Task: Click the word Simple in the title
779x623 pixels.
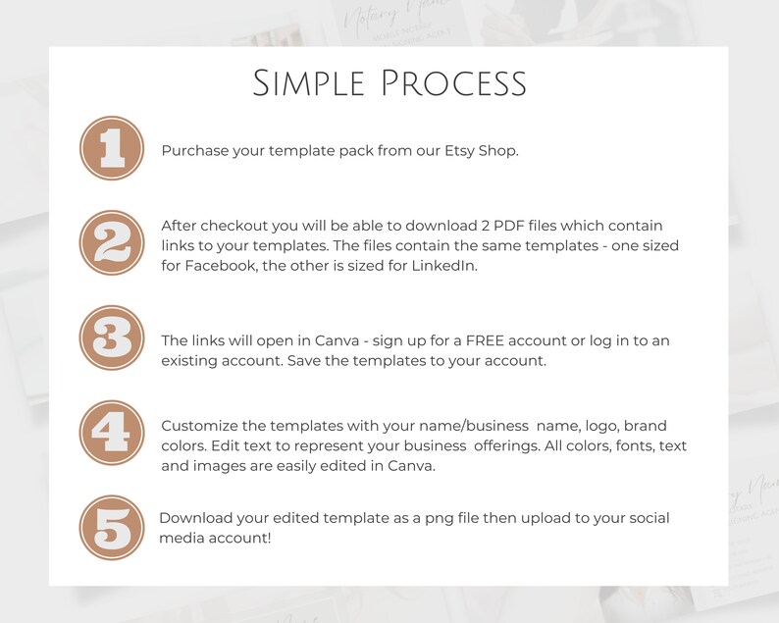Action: (x=309, y=83)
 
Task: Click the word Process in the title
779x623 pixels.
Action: (x=454, y=83)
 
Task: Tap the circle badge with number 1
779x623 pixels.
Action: (x=112, y=148)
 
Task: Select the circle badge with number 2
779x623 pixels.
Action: (x=112, y=243)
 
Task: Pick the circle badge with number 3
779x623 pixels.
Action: (x=112, y=337)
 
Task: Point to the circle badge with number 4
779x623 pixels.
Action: (x=112, y=433)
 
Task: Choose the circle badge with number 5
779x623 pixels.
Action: (x=112, y=528)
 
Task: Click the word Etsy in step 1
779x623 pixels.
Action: (x=459, y=151)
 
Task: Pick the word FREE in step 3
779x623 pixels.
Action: (x=485, y=340)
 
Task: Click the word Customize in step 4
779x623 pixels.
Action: (x=199, y=426)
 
